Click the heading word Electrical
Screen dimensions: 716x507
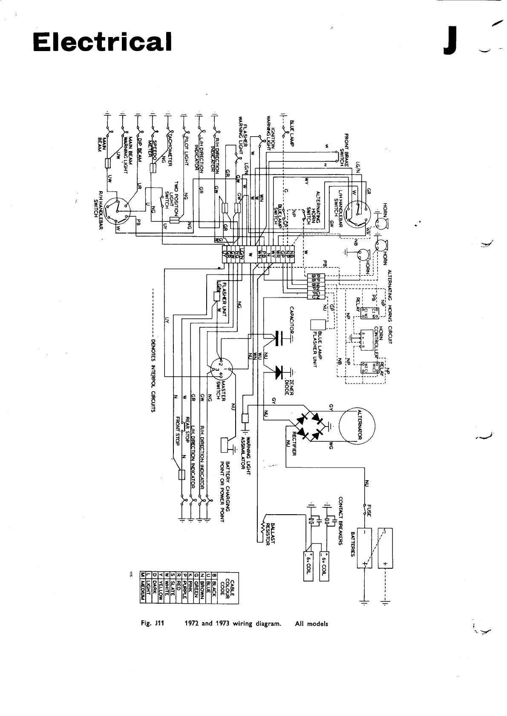[x=102, y=42]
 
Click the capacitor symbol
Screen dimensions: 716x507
[x=279, y=338]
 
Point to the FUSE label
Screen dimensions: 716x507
[x=369, y=510]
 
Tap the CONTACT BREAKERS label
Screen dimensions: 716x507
[x=341, y=520]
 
